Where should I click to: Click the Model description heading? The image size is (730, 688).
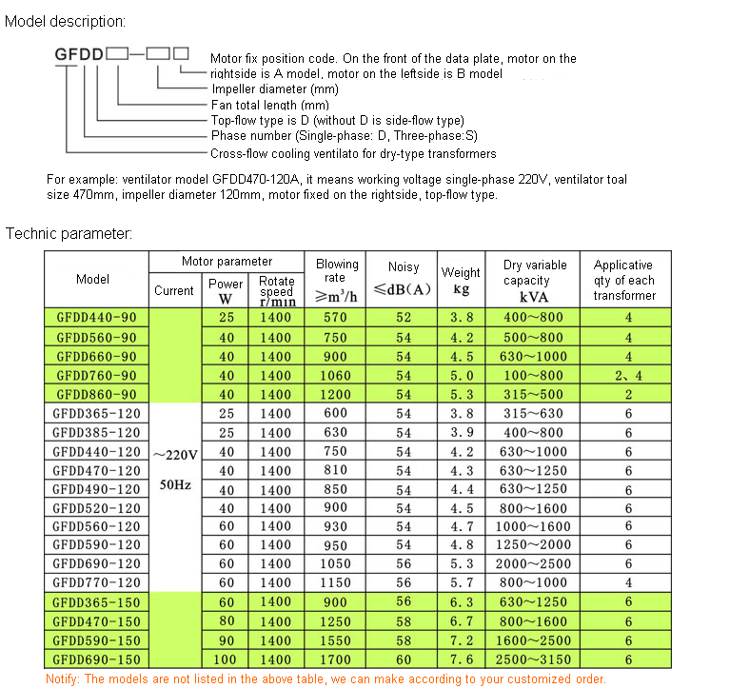(65, 20)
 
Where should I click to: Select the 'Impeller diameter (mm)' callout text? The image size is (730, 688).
(274, 89)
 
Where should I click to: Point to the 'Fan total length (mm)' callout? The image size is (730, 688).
(268, 105)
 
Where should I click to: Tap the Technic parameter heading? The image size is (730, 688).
(69, 233)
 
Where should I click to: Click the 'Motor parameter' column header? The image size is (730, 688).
(227, 262)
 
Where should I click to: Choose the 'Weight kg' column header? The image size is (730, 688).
(461, 280)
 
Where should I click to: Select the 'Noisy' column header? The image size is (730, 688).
(404, 268)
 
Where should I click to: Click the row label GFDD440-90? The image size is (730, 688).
(96, 318)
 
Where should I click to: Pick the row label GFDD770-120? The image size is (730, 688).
(96, 582)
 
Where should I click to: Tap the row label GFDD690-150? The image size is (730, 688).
(96, 659)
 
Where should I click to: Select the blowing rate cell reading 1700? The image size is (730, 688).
(336, 659)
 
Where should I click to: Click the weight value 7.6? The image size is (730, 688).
(461, 659)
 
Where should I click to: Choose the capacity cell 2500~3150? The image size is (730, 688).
(539, 659)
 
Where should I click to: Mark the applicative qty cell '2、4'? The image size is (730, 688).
(628, 375)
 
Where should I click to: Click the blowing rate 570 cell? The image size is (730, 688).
(336, 318)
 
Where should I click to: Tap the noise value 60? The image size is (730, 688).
(404, 659)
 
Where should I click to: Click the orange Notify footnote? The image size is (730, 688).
(326, 678)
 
